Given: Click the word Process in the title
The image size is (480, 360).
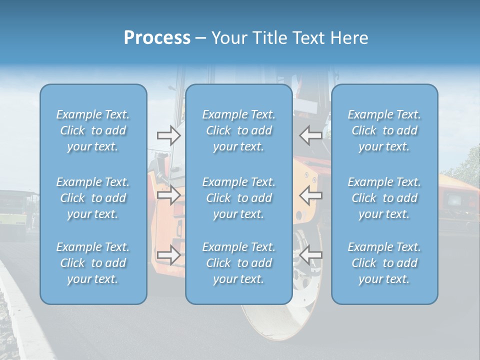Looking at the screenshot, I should (157, 38).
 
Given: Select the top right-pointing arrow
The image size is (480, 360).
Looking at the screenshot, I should (168, 135).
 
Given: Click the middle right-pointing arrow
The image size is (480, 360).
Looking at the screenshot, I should (168, 195).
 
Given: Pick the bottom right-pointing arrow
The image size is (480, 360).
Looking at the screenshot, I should (168, 255).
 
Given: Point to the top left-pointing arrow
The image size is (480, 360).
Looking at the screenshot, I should (311, 135).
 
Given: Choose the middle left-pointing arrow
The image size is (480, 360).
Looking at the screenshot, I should (311, 195).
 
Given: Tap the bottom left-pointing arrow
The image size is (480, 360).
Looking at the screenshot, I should (311, 255).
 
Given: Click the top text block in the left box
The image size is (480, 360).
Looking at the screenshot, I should (93, 130).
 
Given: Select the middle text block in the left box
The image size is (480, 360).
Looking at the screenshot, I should (93, 198).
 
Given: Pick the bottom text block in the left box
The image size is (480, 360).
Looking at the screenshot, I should (93, 263).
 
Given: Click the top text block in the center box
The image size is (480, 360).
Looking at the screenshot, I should (238, 130).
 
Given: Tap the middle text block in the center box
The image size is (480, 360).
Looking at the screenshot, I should (238, 198).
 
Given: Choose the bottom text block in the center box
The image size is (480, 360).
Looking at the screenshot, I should (238, 263).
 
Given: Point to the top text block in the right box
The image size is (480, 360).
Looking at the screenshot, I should (384, 130).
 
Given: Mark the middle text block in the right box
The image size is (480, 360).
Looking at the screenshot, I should (384, 198).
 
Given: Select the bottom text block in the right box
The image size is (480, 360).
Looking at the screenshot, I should (384, 263).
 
